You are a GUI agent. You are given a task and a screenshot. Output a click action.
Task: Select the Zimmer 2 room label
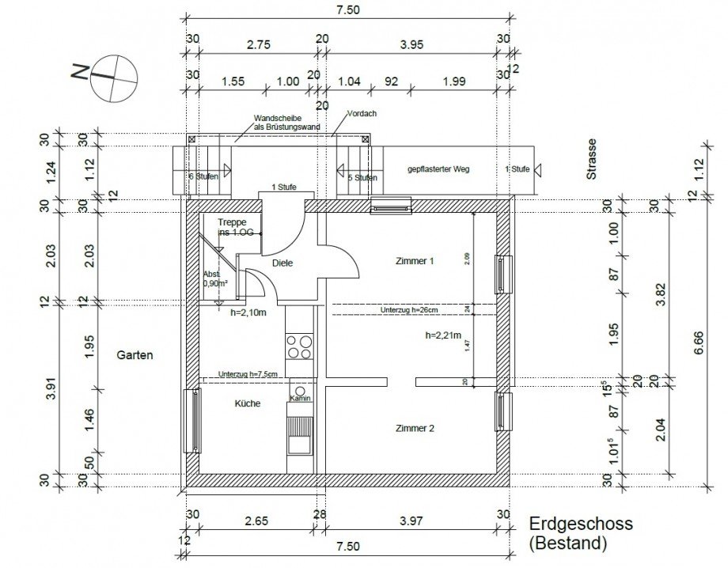pyautogui.click(x=415, y=428)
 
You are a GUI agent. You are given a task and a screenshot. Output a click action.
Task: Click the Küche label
pyautogui.click(x=247, y=403)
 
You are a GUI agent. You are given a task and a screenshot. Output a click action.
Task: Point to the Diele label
pyautogui.click(x=282, y=263)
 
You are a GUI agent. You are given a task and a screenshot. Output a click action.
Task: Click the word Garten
pyautogui.click(x=135, y=355)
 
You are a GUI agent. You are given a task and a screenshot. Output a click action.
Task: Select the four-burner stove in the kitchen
pyautogui.click(x=299, y=347)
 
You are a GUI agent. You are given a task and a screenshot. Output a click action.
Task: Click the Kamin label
pyautogui.click(x=299, y=398)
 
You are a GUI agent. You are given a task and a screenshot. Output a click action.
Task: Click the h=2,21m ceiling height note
pyautogui.click(x=442, y=335)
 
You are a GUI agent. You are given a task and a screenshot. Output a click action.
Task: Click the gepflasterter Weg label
pyautogui.click(x=438, y=169)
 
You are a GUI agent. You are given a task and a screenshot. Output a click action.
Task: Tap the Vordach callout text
pyautogui.click(x=362, y=113)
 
